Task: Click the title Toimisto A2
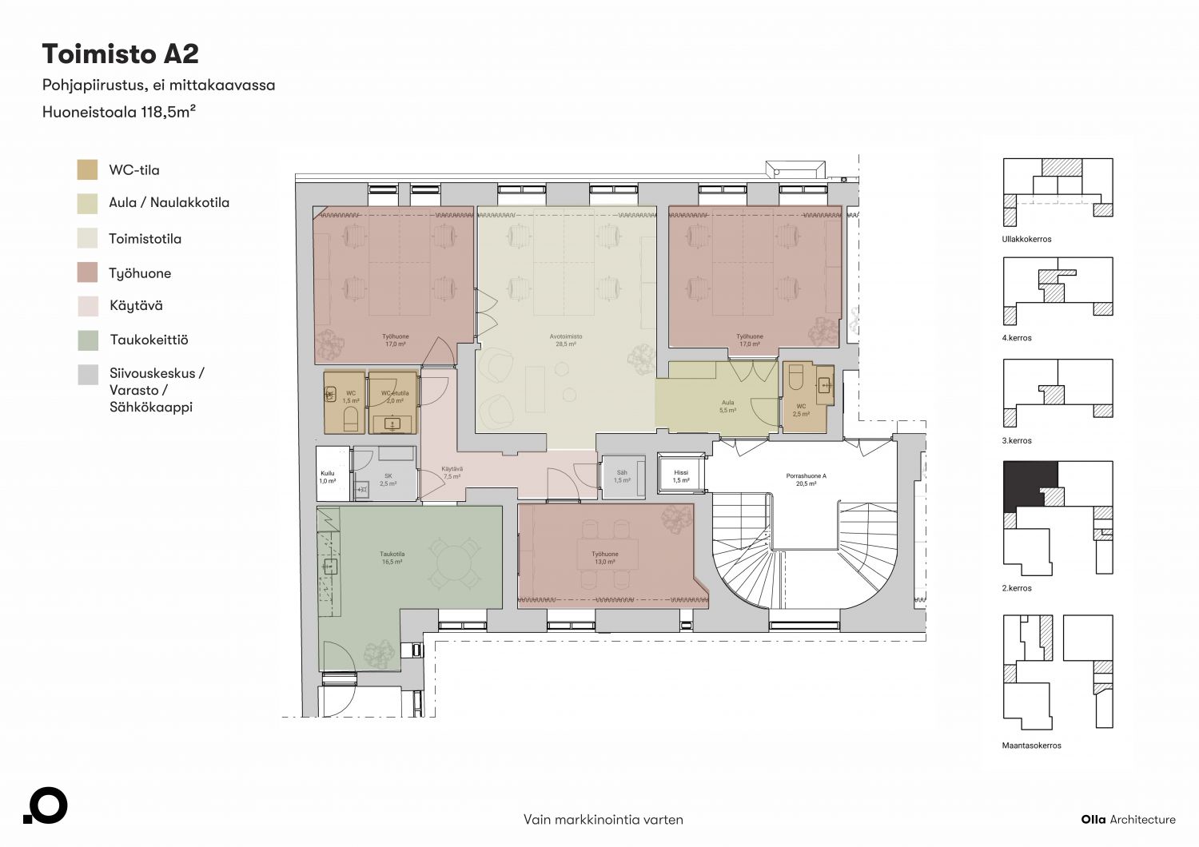(x=121, y=54)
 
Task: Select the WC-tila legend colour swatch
(x=87, y=169)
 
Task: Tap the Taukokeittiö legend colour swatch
(x=88, y=340)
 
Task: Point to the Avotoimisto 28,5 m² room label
(x=566, y=340)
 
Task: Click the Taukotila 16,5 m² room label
(x=392, y=558)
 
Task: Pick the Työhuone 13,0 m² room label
(x=605, y=558)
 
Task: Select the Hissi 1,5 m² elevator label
(x=681, y=476)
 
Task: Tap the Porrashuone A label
(x=806, y=475)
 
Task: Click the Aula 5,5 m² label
(x=727, y=406)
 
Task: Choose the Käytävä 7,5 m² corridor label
(x=452, y=472)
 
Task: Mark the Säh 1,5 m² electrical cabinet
(x=623, y=477)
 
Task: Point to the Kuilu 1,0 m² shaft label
(x=327, y=477)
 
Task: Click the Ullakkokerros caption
(x=1026, y=239)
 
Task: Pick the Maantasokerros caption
(x=1031, y=746)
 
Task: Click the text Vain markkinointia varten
(x=603, y=819)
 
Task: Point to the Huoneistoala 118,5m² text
(x=119, y=112)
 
